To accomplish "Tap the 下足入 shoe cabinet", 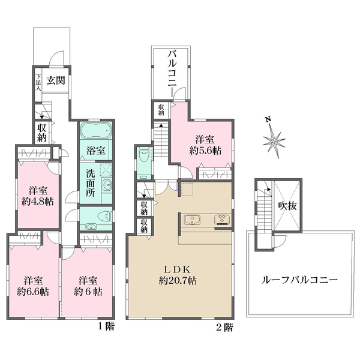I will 38,81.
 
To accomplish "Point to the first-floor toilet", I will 101,215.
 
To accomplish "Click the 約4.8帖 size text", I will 38,202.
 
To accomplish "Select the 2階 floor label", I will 226,327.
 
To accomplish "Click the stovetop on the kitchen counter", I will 223,218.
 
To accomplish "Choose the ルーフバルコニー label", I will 300,280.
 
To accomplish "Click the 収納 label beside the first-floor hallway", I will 41,131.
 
